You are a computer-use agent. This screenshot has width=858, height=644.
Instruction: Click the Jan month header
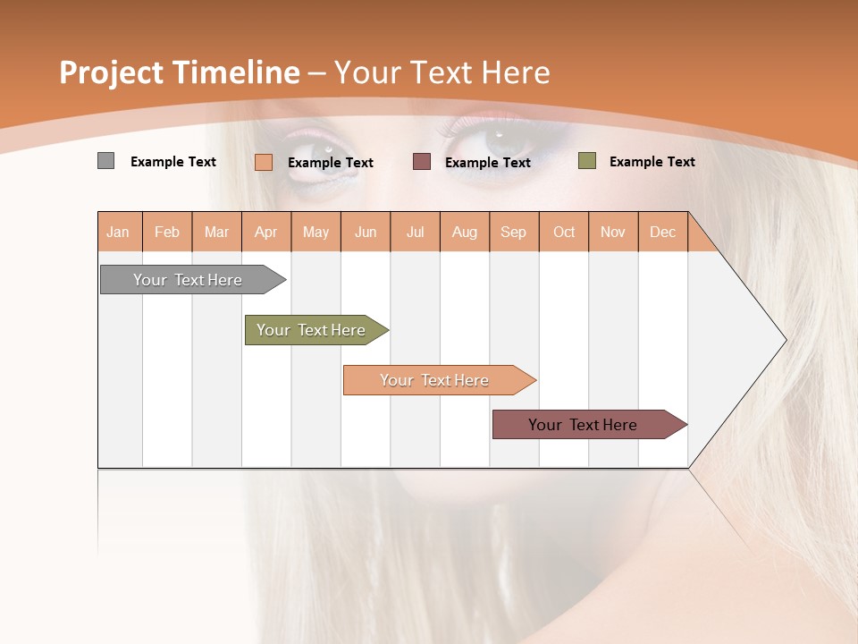tap(119, 232)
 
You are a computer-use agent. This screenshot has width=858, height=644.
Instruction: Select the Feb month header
tap(167, 232)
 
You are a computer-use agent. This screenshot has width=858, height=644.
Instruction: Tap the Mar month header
tap(216, 232)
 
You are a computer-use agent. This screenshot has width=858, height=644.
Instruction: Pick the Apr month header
tap(266, 232)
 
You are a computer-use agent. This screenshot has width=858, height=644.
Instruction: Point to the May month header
tap(315, 232)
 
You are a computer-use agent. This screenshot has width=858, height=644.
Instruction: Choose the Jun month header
tap(366, 232)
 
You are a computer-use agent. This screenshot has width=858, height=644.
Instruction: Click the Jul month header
tap(415, 232)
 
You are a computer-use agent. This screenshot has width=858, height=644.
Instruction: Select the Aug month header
tap(465, 232)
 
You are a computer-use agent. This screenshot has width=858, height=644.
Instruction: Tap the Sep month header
tap(514, 232)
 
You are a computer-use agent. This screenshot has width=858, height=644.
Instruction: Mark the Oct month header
tap(564, 232)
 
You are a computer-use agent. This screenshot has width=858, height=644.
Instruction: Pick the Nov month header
tap(613, 232)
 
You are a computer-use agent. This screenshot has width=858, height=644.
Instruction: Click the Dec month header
tap(663, 232)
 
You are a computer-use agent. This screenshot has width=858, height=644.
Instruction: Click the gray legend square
tap(105, 161)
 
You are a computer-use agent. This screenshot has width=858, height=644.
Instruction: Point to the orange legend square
tap(264, 162)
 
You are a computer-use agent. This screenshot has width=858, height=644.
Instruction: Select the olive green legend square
tap(587, 161)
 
